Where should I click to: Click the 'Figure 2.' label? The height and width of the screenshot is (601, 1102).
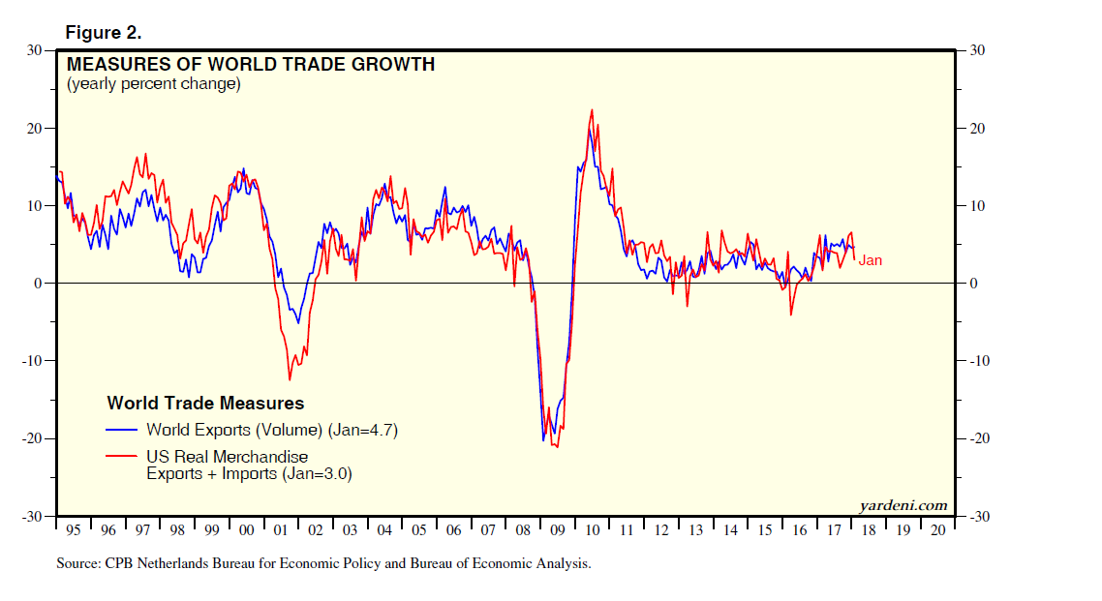104,33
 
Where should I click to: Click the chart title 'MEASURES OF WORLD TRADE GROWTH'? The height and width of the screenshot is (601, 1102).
250,65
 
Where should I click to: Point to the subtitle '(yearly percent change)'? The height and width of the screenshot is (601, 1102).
153,84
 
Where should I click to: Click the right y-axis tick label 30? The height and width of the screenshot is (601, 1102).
977,50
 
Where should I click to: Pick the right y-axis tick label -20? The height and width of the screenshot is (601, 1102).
980,438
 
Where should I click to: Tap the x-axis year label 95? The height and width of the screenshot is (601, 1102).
74,530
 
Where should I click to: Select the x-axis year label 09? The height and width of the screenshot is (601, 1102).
557,530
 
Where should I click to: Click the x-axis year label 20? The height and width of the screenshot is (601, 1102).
936,530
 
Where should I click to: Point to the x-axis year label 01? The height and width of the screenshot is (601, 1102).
281,530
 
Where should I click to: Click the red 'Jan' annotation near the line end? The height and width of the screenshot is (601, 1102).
871,260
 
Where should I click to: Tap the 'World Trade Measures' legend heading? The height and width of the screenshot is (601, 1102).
205,404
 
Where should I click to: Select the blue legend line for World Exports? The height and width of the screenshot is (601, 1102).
122,430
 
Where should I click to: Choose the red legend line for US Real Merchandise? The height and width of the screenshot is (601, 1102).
122,456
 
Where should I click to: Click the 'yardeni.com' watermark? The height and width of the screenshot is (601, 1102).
903,505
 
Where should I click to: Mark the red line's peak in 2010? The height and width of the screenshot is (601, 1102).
591,110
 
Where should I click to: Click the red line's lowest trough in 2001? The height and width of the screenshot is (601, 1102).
290,379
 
